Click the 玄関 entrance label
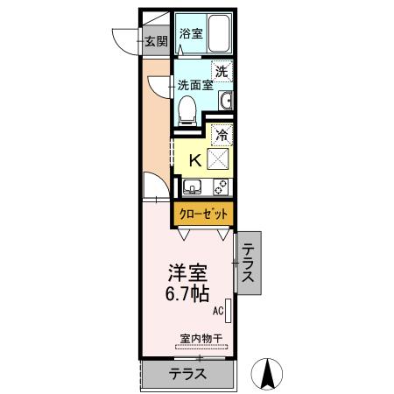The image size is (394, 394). tap(155, 40)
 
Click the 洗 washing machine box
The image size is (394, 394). tap(222, 70)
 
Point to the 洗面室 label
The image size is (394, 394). tap(195, 85)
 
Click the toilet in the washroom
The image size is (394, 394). tap(186, 108)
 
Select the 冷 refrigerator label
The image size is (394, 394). tap(222, 135)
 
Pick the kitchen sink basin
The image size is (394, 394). tap(193, 186)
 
